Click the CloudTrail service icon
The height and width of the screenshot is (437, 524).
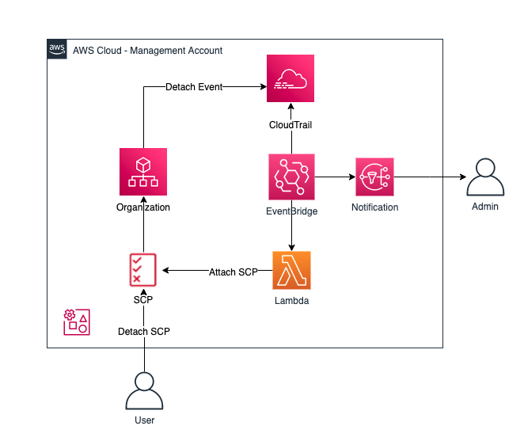coord(290,78)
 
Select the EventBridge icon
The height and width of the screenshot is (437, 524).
coord(290,177)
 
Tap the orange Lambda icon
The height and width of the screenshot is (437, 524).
coord(290,271)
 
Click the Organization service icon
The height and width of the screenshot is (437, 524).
coord(143,172)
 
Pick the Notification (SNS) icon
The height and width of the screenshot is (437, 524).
coord(375,177)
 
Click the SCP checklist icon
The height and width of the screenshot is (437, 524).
coord(143,270)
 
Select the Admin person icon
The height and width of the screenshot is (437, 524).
coord(485,178)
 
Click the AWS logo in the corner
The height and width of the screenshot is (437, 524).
coord(58,49)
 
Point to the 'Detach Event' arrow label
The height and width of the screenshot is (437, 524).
coord(194,86)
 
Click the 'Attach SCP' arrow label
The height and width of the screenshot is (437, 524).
coord(234,272)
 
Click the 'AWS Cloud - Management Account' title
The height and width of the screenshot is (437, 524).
coord(147,51)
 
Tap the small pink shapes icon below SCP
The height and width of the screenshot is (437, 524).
coord(76,321)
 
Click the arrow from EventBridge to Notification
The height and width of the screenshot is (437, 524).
coord(332,177)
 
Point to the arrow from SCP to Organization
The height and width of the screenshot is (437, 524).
coord(143,234)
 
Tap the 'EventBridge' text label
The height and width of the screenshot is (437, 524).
coord(291,211)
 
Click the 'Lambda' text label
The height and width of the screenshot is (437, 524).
coord(290,301)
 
